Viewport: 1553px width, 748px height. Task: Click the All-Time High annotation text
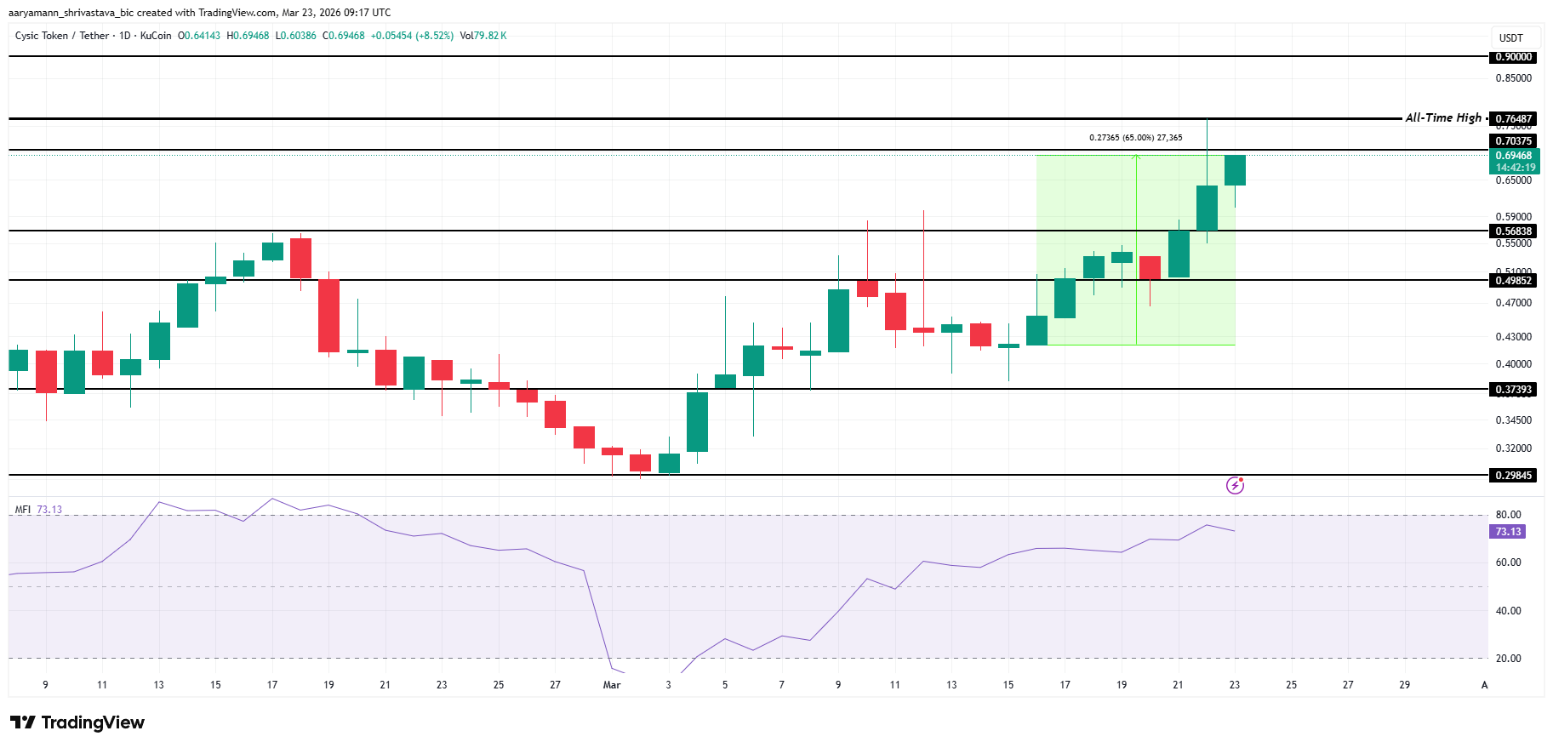(x=1443, y=118)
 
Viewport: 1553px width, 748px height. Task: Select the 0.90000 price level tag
(x=1514, y=57)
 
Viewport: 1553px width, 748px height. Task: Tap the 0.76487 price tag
(x=1514, y=119)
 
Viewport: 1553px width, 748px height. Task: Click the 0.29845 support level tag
(x=1514, y=476)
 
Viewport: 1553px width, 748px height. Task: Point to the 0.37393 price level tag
(x=1514, y=390)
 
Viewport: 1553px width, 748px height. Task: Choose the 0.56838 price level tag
(x=1514, y=231)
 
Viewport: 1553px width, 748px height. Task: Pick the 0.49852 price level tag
(x=1514, y=281)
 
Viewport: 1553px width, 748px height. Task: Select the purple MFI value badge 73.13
(x=1508, y=532)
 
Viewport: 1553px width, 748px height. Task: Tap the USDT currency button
(x=1510, y=38)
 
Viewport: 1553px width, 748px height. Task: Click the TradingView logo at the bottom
(x=77, y=722)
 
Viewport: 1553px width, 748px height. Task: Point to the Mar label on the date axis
(x=612, y=685)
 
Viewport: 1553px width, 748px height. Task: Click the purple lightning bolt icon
(x=1235, y=486)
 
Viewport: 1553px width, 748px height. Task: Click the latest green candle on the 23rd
(x=1235, y=170)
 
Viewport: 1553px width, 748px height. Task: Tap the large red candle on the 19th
(x=328, y=316)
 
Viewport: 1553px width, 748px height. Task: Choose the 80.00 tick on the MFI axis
(x=1508, y=515)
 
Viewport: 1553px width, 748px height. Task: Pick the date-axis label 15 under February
(x=215, y=685)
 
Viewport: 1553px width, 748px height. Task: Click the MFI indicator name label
(x=23, y=510)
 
